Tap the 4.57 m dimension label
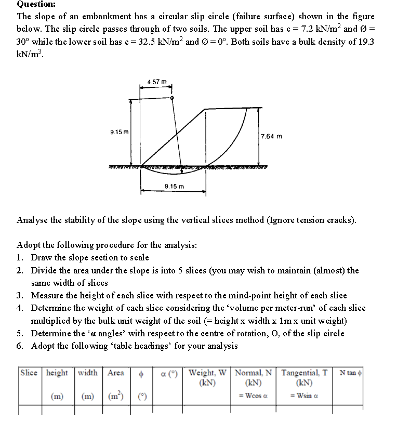pyautogui.click(x=157, y=82)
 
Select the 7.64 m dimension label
pyautogui.click(x=272, y=136)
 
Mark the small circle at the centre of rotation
pyautogui.click(x=173, y=97)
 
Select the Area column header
pyautogui.click(x=115, y=372)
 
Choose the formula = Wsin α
pyautogui.click(x=303, y=398)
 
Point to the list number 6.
pyautogui.click(x=19, y=346)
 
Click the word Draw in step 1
pyautogui.click(x=42, y=257)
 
